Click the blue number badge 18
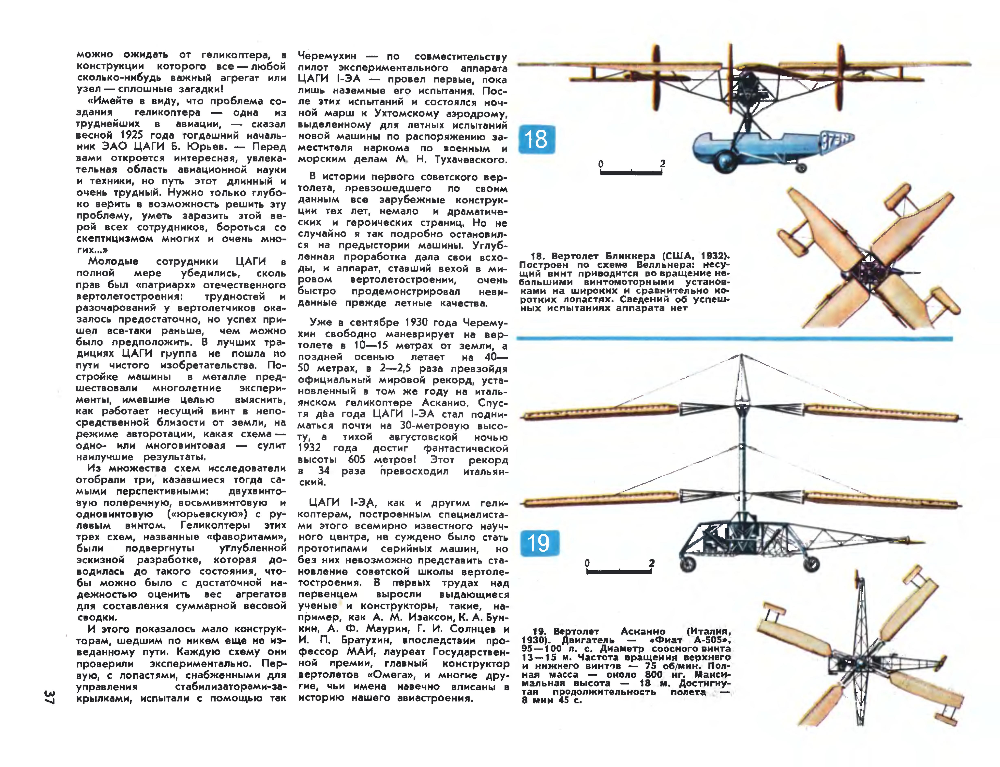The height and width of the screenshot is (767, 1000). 537,139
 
